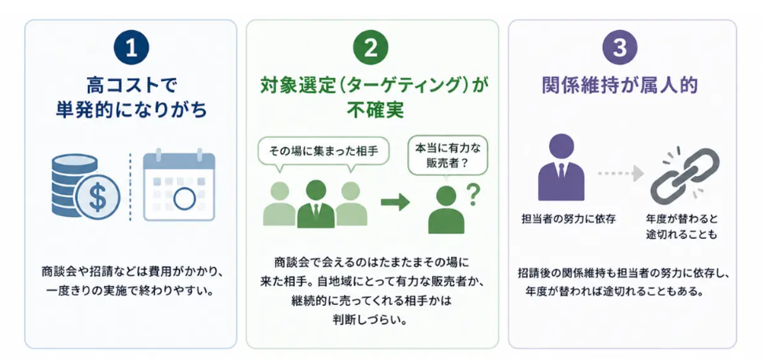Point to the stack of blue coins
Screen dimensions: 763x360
(74, 185)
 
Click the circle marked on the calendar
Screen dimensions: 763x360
(185, 198)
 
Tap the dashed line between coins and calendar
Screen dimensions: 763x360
(130, 187)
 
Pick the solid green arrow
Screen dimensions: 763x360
(394, 202)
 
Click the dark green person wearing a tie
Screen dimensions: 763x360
(316, 204)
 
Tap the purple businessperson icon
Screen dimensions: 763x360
(561, 167)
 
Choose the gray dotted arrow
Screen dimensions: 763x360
(621, 173)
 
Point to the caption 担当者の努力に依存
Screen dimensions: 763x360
(568, 219)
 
